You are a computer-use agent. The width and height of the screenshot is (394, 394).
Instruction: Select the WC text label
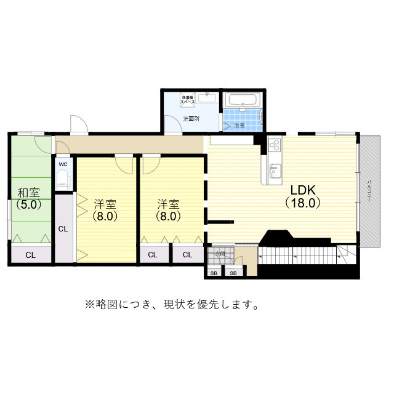[x=63, y=164]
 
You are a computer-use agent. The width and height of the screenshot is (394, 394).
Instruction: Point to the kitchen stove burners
[x=274, y=145]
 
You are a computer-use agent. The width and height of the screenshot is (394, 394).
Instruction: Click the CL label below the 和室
[x=30, y=254]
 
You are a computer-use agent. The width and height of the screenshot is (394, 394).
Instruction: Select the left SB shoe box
[x=214, y=273]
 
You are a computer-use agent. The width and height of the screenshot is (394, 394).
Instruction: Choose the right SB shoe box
[x=233, y=273]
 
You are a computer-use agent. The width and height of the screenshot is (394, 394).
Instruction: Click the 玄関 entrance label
[x=220, y=254]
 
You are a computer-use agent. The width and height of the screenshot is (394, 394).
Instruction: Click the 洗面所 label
[x=191, y=118]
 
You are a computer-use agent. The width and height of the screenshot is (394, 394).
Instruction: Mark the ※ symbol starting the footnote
[x=88, y=304]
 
